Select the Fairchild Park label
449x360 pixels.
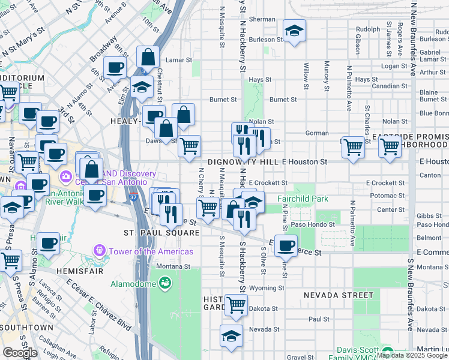pos(302,199)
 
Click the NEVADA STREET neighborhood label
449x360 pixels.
pos(339,295)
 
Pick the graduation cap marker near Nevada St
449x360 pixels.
pos(231,337)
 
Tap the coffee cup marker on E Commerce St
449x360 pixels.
pos(286,245)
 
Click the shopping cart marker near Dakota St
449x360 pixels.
pos(237,305)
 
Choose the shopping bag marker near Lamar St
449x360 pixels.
pos(148,58)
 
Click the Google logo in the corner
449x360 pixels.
pos(20,353)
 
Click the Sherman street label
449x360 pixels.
pos(262,19)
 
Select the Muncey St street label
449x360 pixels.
pos(327,72)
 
